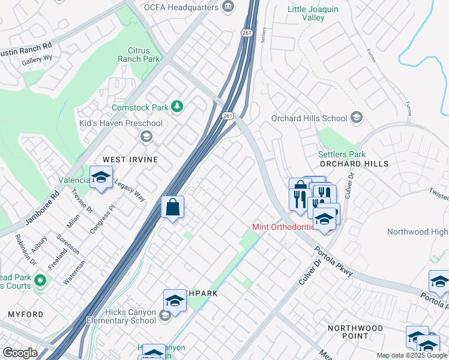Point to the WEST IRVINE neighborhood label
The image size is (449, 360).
[130, 160]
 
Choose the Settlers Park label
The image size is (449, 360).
[342, 154]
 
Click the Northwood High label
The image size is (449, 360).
[417, 232]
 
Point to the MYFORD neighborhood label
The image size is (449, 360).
[25, 314]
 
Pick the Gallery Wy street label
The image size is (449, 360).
[38, 61]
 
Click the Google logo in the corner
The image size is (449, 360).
[20, 353]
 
